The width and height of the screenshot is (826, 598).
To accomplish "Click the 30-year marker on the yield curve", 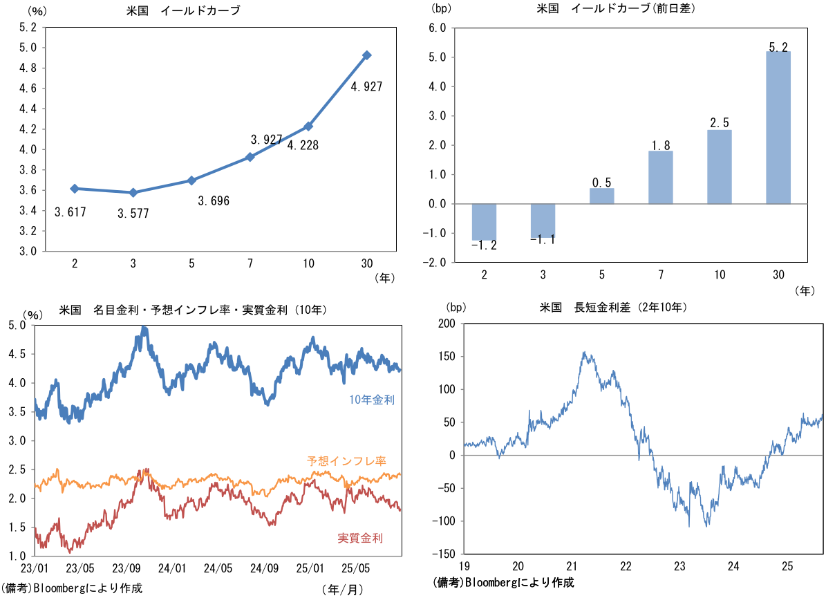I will point(367,55).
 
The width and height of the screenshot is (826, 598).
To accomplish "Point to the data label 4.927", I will point(366,86).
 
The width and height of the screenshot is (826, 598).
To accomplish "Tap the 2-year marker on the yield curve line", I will point(74,188).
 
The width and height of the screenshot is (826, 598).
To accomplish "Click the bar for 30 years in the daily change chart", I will point(778,128).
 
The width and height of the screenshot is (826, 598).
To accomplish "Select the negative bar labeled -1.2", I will point(484,222).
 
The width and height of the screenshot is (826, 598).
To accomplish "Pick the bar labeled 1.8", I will point(661,177).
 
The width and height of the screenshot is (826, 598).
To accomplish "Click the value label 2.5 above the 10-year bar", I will point(720,123).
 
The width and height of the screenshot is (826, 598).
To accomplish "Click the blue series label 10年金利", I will point(372,399).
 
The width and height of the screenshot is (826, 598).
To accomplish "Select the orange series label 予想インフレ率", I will point(346,460).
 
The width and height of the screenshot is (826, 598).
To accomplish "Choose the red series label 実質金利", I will point(360,538).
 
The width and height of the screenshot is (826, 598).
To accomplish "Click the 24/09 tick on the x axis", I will point(264,569).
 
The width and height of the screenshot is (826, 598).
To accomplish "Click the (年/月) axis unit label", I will point(341,588).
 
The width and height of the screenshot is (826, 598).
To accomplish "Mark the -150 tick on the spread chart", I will point(446,554).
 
